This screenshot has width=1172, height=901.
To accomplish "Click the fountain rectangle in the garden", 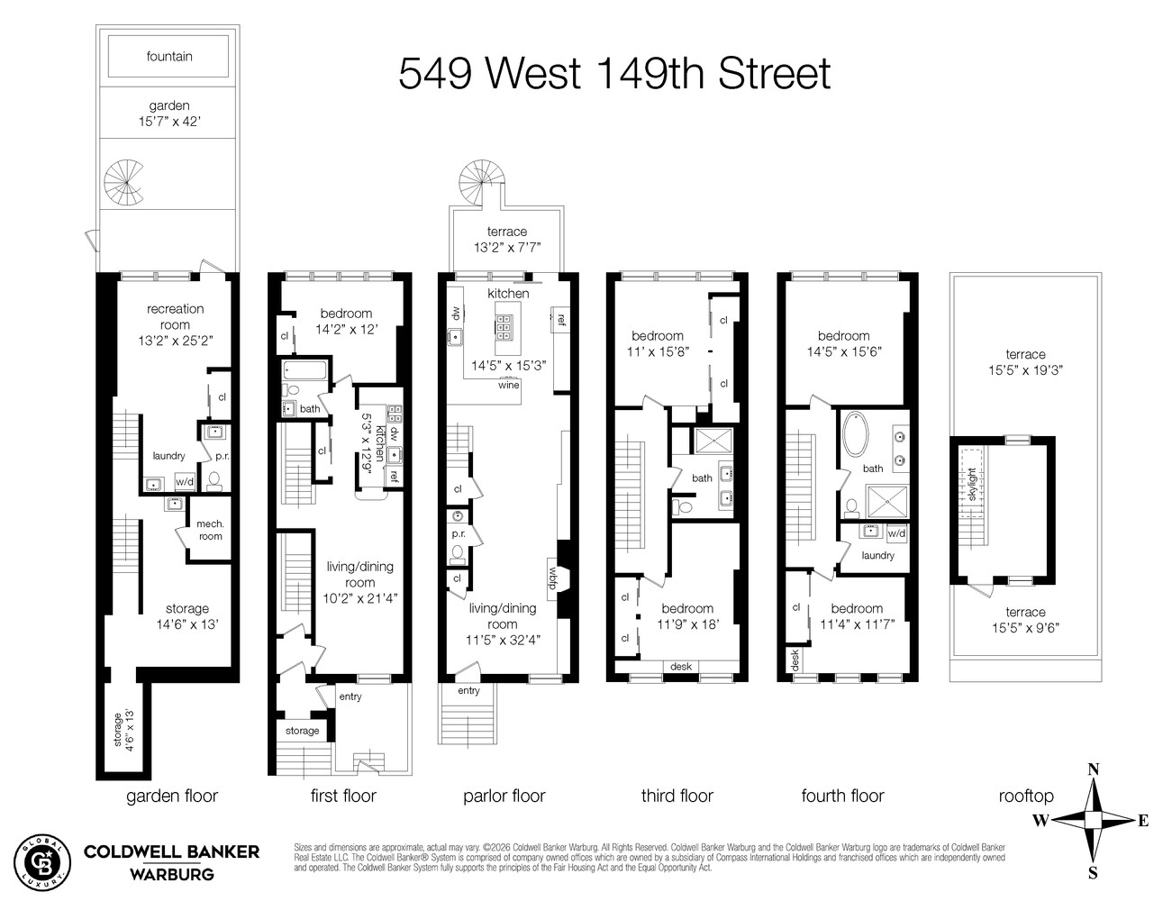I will pos(169,56).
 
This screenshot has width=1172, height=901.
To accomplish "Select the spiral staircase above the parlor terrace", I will pos(478,183).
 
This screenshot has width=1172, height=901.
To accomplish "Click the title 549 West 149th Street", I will pos(614,73).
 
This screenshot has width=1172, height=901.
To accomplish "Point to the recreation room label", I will pos(175,316).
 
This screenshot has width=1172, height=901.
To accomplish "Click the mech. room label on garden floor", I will pos(210,530).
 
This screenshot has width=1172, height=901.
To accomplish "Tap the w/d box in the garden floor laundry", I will pos(185,482).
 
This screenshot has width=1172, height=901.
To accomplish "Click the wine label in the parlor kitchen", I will pos(509,385).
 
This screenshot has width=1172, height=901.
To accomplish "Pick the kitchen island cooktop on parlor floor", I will pos(505,325).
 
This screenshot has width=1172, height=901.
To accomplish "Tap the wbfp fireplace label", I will pos(554,574).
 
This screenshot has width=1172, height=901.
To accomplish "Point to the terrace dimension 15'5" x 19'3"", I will pos(1025,369).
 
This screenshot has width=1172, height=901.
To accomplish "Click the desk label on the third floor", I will pos(681,667).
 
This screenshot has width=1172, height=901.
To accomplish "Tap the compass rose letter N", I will pos(1093,769).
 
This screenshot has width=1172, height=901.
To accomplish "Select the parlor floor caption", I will pos(504,796).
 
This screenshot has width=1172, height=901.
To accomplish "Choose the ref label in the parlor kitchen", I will pos(560,319).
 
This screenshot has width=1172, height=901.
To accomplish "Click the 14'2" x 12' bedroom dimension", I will pos(346,330).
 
